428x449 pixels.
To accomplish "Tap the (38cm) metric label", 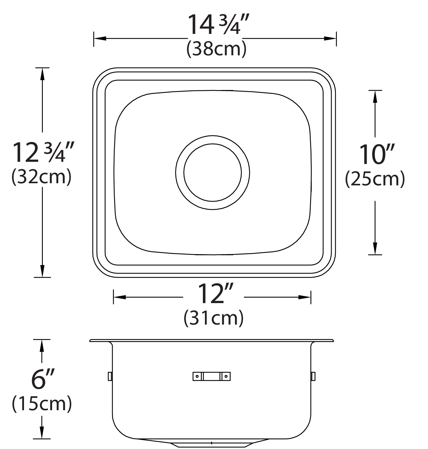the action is point(216,49).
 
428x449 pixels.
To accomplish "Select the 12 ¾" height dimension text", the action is point(43,152).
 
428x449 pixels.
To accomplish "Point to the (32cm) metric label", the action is point(41,177).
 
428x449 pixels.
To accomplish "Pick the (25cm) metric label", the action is point(375,179).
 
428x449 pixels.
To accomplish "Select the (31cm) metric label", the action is point(213,318).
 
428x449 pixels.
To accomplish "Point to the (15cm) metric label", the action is point(42,404).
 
